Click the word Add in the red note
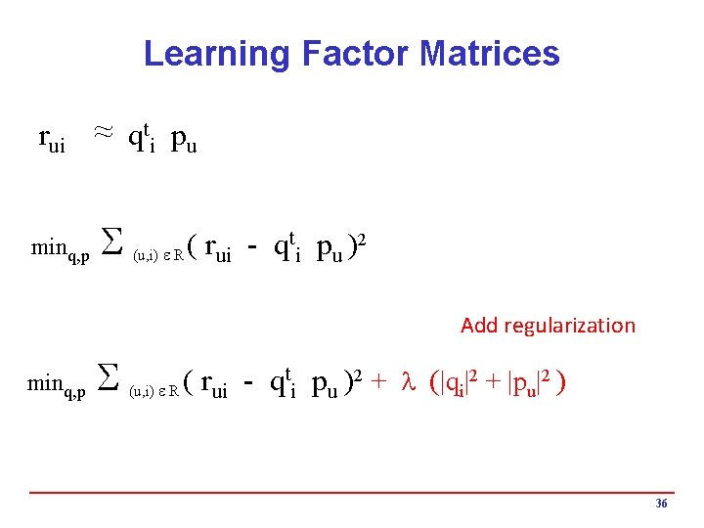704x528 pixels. click(480, 326)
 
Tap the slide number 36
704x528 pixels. click(661, 504)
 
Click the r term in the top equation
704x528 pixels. click(52, 141)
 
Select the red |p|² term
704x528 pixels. click(522, 385)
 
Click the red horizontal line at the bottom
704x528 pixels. click(352, 492)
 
